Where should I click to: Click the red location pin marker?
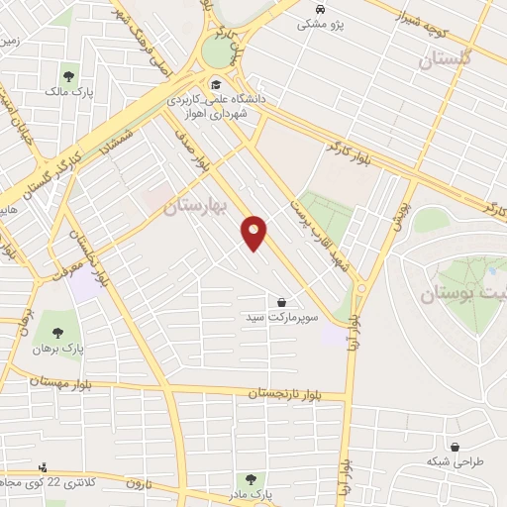coord(254,233)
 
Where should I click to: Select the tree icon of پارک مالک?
coord(69,75)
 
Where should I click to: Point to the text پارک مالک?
coord(68,92)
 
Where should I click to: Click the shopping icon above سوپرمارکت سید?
coord(282,302)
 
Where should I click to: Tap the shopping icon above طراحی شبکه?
coord(455,448)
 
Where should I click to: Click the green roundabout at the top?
coord(217,51)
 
